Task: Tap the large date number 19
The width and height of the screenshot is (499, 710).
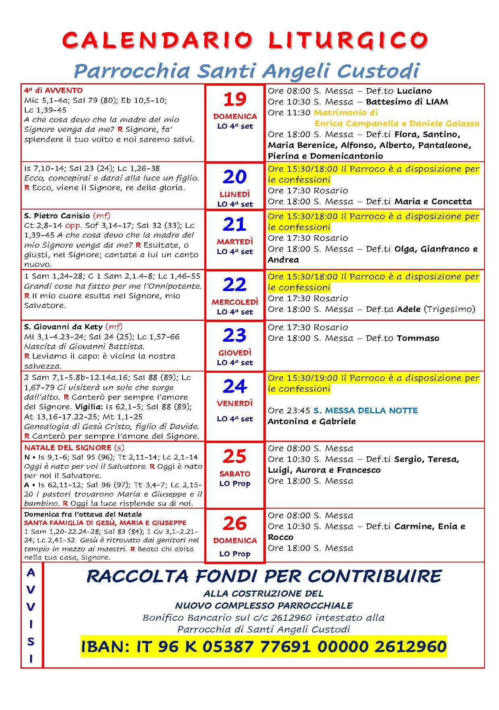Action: (x=235, y=99)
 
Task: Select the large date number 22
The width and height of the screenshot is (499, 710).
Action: (x=235, y=285)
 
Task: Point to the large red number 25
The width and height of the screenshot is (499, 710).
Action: (x=235, y=456)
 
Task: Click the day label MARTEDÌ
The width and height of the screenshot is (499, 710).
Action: (x=235, y=242)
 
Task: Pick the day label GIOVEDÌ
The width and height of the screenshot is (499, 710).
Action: (x=235, y=353)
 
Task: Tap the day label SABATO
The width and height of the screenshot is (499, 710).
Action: (x=235, y=474)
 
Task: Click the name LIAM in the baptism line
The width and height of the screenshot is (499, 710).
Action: (x=436, y=102)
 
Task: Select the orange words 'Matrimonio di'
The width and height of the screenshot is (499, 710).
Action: (x=345, y=113)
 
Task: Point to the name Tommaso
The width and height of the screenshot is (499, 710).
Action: (x=418, y=338)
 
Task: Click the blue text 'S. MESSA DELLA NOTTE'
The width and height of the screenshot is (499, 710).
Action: (x=366, y=410)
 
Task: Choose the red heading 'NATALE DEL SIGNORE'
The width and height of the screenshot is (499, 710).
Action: (x=68, y=447)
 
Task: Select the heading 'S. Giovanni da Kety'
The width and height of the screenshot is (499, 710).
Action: (x=63, y=326)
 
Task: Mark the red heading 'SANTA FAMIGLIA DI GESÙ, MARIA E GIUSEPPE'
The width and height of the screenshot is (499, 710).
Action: (x=105, y=523)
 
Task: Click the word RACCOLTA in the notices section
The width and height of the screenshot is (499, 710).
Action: (x=138, y=577)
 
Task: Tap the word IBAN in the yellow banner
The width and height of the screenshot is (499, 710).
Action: (x=104, y=646)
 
